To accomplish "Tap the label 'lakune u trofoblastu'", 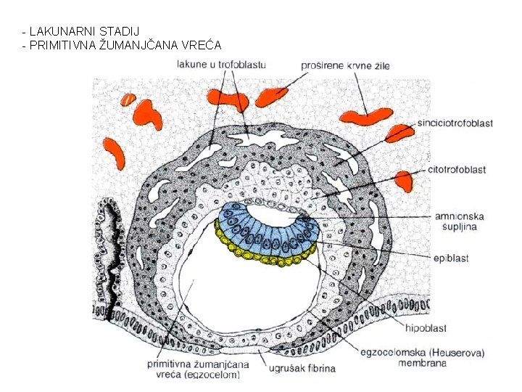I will coord(221,65).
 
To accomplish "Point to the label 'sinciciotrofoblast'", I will coord(455,123).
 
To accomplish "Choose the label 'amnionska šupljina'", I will coord(459,222).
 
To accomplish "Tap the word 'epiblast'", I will coord(452,258).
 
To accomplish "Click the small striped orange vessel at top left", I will coord(128,99).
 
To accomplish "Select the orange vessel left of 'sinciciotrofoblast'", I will coord(398,133).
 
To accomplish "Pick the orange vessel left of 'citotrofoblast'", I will coord(405,179).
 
